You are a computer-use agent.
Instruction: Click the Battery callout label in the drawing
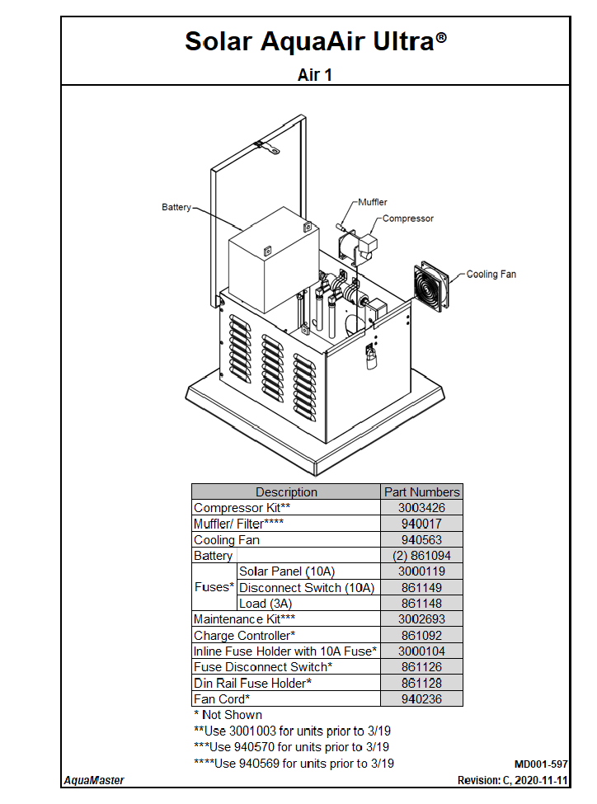176,208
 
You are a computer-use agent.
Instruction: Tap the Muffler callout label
372,202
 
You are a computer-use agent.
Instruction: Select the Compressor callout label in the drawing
407,219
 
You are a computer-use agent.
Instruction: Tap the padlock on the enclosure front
371,356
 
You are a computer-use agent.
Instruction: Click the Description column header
286,492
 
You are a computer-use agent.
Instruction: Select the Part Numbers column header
421,492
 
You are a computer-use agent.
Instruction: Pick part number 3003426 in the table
421,508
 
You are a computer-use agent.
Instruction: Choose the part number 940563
421,540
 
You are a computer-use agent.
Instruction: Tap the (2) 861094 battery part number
421,556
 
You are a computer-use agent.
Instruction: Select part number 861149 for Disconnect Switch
421,588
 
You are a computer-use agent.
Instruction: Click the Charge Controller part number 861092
421,636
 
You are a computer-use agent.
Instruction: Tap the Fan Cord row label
222,699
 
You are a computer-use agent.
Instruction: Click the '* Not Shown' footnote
228,715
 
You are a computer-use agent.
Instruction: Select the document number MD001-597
541,764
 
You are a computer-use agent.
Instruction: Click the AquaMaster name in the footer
94,780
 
